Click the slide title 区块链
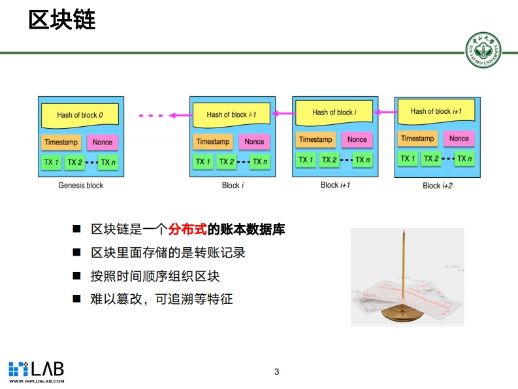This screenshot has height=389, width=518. (62, 20)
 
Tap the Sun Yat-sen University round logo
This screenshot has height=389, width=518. (484, 50)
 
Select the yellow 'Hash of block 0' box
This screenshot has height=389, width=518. (80, 115)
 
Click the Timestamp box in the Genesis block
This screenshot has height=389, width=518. (60, 142)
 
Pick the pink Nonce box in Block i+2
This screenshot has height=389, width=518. (459, 139)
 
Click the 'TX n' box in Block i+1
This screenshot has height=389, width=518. (362, 160)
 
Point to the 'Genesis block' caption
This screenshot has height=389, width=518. (81, 185)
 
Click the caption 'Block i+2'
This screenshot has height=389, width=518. (438, 186)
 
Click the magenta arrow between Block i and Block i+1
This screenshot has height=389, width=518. (283, 114)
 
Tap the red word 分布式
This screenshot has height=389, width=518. (187, 230)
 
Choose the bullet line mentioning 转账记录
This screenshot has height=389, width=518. (168, 253)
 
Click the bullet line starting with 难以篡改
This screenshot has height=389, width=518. (161, 299)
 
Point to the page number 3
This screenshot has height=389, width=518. (276, 372)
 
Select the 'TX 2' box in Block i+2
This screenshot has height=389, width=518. (430, 159)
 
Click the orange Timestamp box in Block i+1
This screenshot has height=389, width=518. (316, 139)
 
